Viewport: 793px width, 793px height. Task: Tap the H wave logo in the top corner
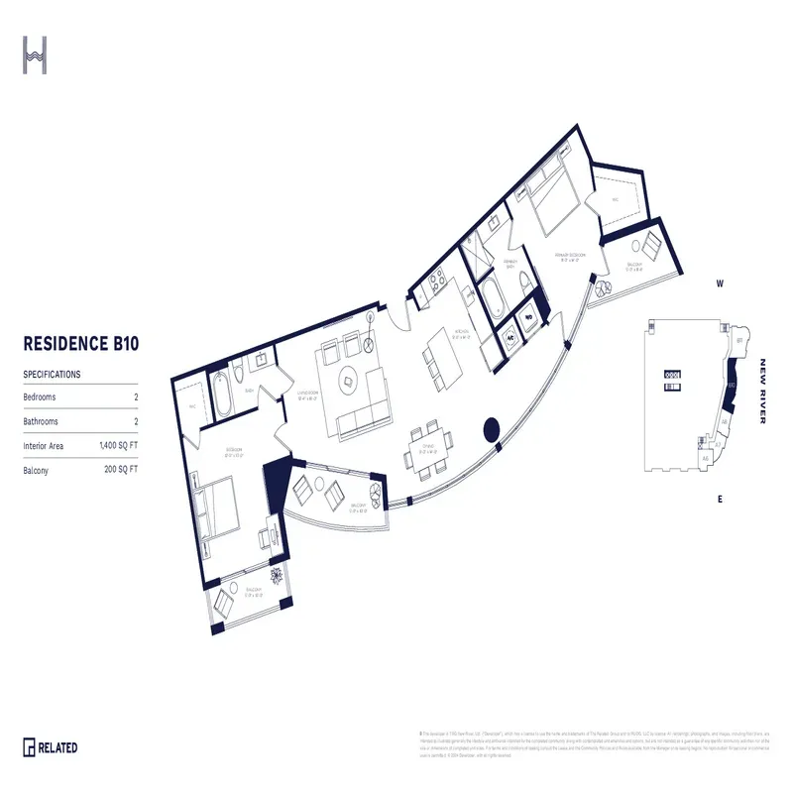(36, 56)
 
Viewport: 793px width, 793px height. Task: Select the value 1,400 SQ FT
(118, 447)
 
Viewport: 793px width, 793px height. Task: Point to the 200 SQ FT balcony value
(121, 471)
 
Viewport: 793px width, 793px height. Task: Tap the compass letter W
(721, 284)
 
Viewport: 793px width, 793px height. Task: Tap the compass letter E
(721, 499)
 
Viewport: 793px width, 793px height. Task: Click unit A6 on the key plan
(725, 420)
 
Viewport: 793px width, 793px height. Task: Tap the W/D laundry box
(528, 318)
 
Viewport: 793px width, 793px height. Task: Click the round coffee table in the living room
(348, 377)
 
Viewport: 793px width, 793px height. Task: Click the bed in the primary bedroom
(549, 199)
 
